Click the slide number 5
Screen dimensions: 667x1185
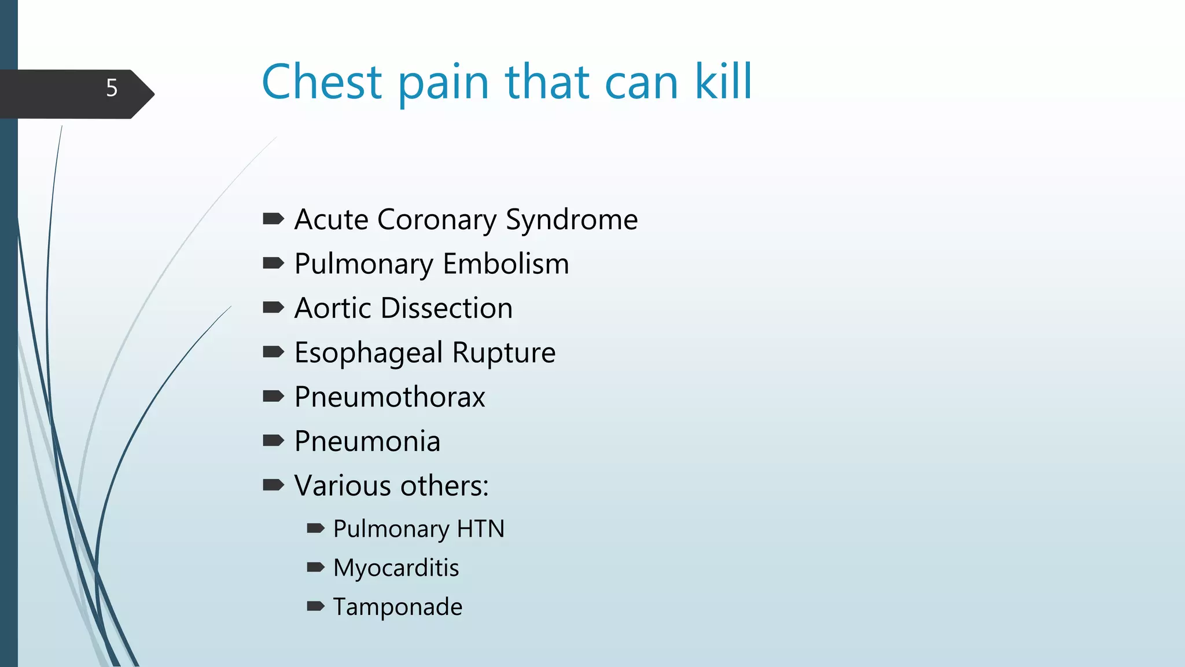coord(112,88)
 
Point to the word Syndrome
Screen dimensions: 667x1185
coord(572,220)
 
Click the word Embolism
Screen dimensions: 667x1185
coord(506,264)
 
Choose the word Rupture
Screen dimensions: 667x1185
coord(504,353)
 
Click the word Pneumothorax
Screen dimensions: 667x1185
coord(389,397)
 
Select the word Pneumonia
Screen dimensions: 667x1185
coord(367,442)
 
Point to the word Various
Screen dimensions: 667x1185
coord(343,486)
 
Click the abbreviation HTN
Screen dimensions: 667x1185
coord(481,529)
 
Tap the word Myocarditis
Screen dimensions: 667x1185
coord(396,568)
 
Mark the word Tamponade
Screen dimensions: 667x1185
coord(398,607)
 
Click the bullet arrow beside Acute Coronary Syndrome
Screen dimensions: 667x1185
coord(273,219)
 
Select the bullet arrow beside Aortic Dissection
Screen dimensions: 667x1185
coord(273,307)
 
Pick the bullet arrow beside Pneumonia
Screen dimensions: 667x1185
coord(273,441)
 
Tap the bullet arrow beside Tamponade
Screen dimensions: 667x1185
coord(315,606)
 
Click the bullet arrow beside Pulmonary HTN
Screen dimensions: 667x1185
coord(315,528)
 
